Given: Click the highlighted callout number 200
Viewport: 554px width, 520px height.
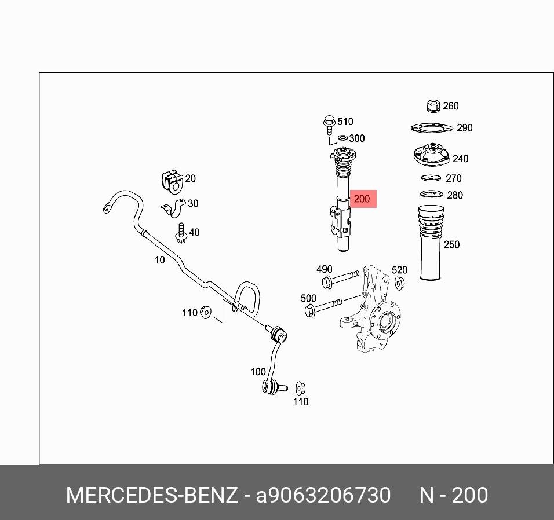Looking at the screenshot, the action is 362,199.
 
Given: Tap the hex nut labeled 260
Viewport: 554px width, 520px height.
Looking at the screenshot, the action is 432,106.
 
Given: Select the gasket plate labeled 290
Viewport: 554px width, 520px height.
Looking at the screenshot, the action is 432,128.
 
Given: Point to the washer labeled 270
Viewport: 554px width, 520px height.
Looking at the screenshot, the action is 432,178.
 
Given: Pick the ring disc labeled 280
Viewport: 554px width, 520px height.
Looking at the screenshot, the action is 431,194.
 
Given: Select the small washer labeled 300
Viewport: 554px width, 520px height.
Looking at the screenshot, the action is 342,138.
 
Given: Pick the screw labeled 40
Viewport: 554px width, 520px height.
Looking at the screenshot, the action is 181,232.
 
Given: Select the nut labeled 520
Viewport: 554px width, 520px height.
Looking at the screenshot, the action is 399,283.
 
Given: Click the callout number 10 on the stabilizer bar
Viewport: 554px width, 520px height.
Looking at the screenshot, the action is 159,260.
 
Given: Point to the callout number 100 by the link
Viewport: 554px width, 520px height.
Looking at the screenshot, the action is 258,372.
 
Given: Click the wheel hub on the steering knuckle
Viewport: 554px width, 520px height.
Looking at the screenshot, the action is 385,323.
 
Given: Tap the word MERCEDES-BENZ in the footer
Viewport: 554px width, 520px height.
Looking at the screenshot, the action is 152,496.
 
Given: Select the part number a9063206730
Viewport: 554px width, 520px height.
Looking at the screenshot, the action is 323,496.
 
